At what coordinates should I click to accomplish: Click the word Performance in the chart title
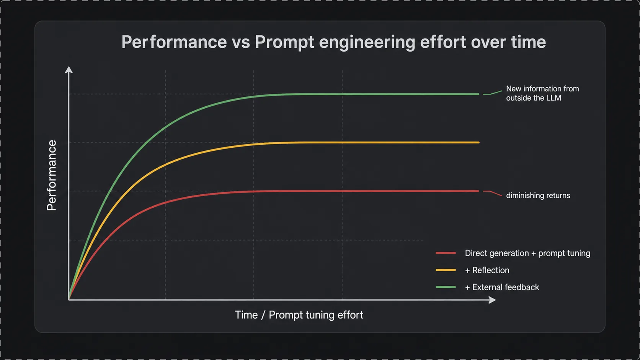174,42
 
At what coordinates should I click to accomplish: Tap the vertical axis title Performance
52,175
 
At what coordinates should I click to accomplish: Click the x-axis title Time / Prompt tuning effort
299,315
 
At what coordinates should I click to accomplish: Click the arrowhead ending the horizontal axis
492,300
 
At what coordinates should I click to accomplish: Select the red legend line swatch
446,253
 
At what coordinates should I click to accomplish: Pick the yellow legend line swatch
446,270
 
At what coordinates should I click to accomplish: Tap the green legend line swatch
446,287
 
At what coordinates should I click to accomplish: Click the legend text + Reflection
487,270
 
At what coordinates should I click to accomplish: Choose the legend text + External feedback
502,287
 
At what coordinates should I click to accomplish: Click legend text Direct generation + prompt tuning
527,253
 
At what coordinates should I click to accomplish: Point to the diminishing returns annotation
538,195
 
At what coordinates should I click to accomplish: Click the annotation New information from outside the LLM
542,93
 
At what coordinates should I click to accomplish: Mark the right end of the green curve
479,94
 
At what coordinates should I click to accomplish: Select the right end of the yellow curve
479,142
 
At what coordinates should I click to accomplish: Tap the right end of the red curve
479,191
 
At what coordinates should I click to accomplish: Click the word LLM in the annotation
554,98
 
